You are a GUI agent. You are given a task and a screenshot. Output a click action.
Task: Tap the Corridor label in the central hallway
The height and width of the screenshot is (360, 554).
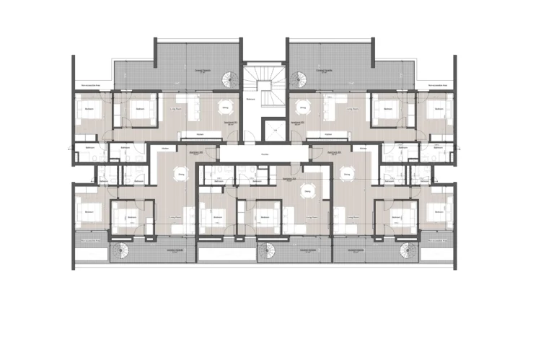(x=265, y=154)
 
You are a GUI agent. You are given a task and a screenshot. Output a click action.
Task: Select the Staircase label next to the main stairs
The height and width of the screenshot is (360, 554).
(x=250, y=99)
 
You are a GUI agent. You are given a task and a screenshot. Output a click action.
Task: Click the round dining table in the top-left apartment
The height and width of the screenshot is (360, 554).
(x=225, y=106)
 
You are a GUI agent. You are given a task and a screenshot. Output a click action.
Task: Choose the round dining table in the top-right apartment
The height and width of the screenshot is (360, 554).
(x=301, y=106)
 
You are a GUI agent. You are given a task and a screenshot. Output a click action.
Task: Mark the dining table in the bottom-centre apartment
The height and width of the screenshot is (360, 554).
(x=308, y=192)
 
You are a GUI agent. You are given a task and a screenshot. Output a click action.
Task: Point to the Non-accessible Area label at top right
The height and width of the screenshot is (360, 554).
(x=439, y=84)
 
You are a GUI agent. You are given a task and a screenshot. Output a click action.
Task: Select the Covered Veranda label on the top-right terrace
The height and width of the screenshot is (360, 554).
(x=324, y=71)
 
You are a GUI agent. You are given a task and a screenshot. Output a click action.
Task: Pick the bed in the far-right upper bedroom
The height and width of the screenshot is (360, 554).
(x=437, y=110)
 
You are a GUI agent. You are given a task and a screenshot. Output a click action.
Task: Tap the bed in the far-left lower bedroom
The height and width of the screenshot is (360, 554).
(x=89, y=212)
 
